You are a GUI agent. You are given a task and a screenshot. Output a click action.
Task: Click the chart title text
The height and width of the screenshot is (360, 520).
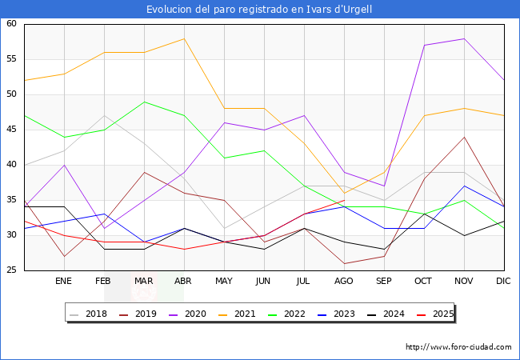tap(259, 10)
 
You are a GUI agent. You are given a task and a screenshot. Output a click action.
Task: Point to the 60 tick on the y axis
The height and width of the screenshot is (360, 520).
tap(11, 24)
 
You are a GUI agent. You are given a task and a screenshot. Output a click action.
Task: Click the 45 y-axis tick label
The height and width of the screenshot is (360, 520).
tap(11, 130)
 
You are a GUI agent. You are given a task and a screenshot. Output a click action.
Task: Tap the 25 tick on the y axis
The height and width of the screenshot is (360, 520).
tap(11, 270)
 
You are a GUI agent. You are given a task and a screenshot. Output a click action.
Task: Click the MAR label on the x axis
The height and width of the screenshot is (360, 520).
tap(144, 282)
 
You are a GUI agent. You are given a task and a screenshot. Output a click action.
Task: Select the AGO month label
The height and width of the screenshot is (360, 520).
tap(344, 282)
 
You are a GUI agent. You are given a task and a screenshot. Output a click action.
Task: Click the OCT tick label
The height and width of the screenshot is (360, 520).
tap(424, 282)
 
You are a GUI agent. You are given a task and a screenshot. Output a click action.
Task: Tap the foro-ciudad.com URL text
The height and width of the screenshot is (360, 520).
tap(458, 347)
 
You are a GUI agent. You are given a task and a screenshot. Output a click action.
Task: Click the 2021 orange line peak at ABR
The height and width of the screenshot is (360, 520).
tap(184, 38)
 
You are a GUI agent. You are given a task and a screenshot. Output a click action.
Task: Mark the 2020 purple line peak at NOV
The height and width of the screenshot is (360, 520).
tap(464, 38)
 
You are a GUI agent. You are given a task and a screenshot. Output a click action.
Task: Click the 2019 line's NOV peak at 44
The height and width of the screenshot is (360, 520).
tap(464, 137)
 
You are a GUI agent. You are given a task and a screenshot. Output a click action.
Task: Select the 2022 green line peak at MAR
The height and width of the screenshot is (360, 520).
tap(144, 102)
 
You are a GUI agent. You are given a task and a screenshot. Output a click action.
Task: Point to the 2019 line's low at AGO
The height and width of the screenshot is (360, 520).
tap(344, 263)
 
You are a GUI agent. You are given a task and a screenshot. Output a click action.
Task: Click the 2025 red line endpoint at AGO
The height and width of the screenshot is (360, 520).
tap(344, 200)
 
